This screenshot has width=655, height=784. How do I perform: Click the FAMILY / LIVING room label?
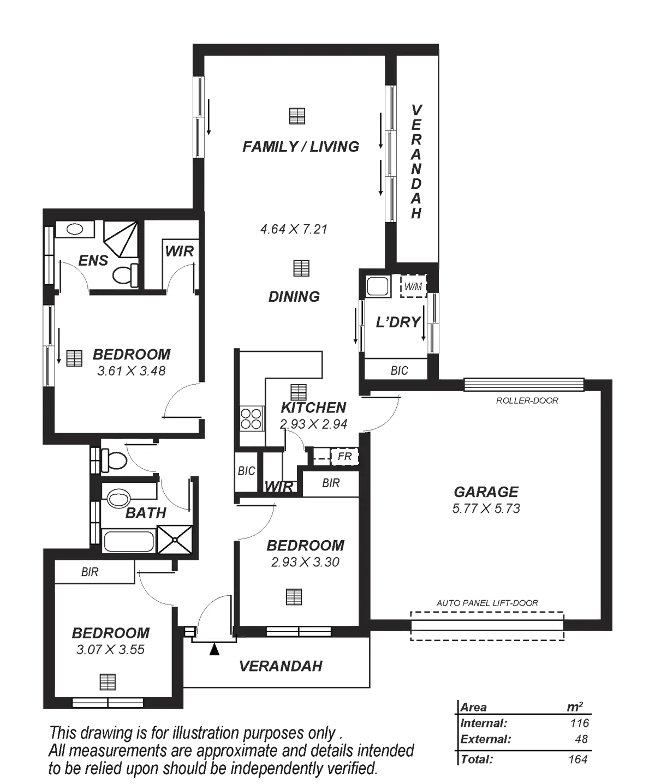click(301, 147)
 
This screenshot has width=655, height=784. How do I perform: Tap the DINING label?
click(294, 297)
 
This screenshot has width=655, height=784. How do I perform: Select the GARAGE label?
click(486, 492)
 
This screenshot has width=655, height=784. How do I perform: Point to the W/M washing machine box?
click(413, 285)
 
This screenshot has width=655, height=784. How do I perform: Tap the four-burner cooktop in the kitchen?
click(251, 418)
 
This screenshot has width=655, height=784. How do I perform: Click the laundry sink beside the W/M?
click(377, 286)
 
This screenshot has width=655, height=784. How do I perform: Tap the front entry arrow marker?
click(215, 649)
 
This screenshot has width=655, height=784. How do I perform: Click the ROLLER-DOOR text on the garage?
click(527, 401)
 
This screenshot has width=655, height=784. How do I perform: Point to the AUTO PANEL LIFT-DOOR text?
click(487, 603)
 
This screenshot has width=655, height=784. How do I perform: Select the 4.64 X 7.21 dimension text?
click(295, 229)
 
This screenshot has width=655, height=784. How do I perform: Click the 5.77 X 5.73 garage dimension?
click(486, 508)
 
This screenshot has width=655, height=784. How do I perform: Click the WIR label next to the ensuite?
click(180, 251)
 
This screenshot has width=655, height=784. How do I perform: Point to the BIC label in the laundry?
click(399, 371)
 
